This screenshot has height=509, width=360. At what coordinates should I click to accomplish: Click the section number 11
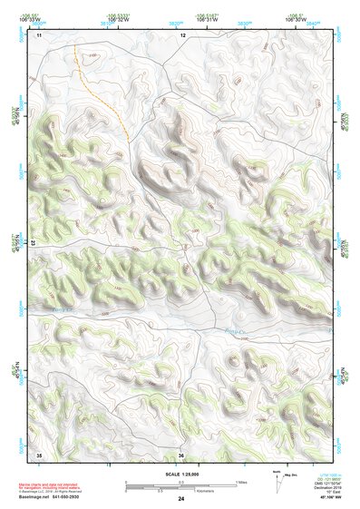39,34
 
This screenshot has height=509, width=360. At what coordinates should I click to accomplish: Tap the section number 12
181,34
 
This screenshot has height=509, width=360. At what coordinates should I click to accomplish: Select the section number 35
39,455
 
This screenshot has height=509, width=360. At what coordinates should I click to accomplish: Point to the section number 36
181,455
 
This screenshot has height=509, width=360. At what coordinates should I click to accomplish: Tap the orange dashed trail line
102,91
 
